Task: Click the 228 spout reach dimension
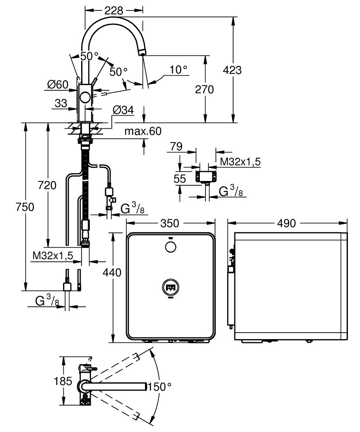tap(114, 10)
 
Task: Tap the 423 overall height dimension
tap(232, 70)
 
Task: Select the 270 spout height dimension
tap(204, 89)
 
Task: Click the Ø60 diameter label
tap(57, 84)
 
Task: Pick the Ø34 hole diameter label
tap(123, 110)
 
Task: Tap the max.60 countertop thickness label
tap(143, 131)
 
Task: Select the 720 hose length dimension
tap(47, 185)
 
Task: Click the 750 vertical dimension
tap(25, 206)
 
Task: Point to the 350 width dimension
tap(170, 223)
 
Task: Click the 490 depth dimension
tap(286, 223)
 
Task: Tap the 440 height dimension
tap(112, 272)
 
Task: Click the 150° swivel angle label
tap(160, 387)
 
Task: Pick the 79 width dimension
tap(176, 146)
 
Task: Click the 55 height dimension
tap(180, 179)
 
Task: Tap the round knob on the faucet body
tap(85, 98)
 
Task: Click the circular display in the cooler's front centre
tap(171, 288)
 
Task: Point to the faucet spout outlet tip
tap(142, 53)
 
